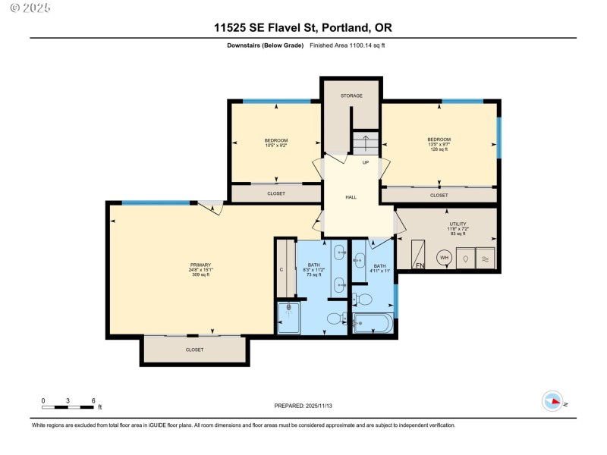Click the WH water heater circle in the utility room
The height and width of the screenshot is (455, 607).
point(444,258)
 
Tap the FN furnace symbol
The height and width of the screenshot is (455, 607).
point(420,265)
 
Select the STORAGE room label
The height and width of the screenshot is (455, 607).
point(351,96)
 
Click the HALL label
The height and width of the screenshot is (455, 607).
point(351,197)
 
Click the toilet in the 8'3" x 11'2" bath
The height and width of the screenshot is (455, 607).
point(334,318)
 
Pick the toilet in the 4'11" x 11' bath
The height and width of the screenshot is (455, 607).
point(363,300)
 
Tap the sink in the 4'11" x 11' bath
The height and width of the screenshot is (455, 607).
point(359,261)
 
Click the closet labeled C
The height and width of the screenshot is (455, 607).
point(281,269)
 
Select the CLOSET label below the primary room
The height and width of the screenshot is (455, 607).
point(194,350)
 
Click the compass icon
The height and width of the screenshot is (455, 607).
point(552,402)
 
